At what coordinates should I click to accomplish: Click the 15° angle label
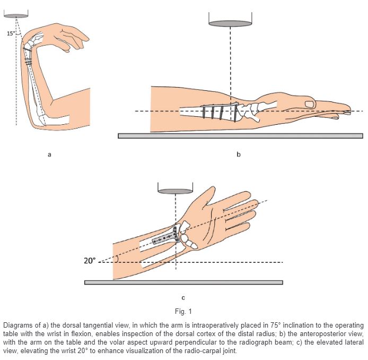coord(11,34)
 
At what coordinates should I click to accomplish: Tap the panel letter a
coord(49,155)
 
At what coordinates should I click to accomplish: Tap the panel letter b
coord(238,155)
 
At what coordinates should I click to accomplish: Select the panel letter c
coord(183,297)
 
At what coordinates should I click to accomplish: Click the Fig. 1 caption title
coord(183,311)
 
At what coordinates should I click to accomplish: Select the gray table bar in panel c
coord(183,282)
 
